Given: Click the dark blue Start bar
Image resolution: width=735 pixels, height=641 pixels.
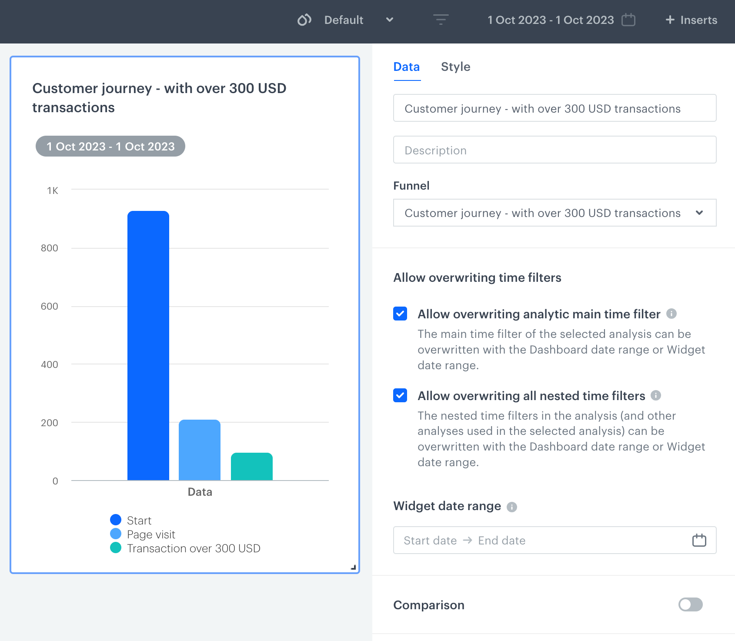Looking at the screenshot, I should click(x=148, y=346).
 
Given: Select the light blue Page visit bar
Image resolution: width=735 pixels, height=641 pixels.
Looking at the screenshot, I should click(x=200, y=450).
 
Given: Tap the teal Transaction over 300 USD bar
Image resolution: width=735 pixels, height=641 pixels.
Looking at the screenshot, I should click(x=251, y=467).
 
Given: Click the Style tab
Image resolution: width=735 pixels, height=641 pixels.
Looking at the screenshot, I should click(x=455, y=67).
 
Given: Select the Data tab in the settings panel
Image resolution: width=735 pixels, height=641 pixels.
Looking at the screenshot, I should click(x=406, y=67).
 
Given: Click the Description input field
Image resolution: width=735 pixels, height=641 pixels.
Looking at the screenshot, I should click(x=555, y=150).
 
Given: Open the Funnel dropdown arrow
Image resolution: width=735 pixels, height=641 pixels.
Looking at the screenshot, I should click(x=699, y=213).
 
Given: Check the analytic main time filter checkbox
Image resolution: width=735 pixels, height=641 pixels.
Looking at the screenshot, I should click(x=400, y=314).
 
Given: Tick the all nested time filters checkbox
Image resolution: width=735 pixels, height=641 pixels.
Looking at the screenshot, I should click(x=400, y=395).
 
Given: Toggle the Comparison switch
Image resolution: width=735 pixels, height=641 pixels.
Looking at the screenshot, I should click(x=690, y=604).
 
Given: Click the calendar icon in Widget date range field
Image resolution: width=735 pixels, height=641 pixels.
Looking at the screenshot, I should click(x=699, y=540).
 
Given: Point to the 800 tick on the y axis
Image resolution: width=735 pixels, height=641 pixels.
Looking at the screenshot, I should click(x=50, y=248).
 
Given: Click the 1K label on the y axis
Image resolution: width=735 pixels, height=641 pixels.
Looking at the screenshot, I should click(x=53, y=191).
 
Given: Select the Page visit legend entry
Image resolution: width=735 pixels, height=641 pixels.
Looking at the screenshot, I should click(x=150, y=534).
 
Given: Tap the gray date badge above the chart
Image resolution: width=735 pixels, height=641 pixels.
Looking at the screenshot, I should click(x=110, y=147).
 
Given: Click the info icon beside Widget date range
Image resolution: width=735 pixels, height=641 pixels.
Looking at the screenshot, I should click(x=512, y=507).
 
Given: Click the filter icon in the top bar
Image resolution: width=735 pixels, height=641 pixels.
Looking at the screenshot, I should click(x=441, y=20).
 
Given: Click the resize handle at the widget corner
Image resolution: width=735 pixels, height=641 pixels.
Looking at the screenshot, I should click(x=353, y=567).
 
